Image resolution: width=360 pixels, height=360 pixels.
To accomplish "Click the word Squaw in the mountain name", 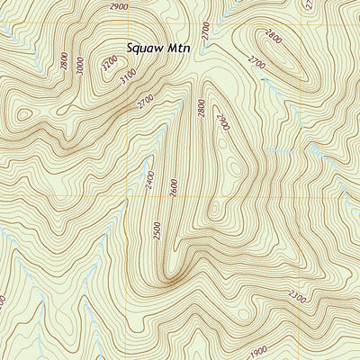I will pyautogui.click(x=146, y=45).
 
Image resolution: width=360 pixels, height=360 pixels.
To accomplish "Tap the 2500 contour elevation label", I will pyautogui.click(x=158, y=229).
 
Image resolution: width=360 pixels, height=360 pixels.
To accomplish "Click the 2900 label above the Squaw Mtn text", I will pyautogui.click(x=117, y=6).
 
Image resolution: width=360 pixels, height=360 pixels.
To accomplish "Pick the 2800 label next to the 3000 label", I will pyautogui.click(x=64, y=61).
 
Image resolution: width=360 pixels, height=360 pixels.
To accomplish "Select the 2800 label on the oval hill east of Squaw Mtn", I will pyautogui.click(x=274, y=37).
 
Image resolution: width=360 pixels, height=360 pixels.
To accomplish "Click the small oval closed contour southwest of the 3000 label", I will pyautogui.click(x=24, y=115).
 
